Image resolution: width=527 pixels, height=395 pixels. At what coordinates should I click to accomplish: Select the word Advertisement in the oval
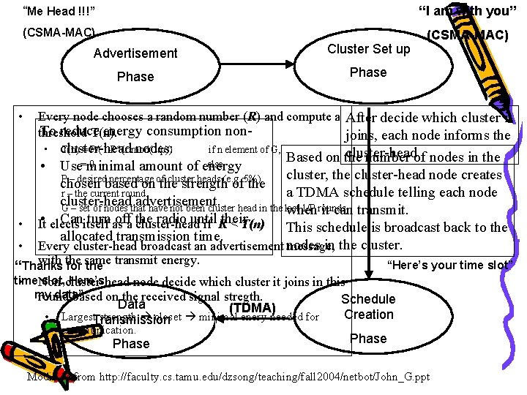tap(135, 53)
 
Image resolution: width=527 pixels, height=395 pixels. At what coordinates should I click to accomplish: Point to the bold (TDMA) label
tap(252, 308)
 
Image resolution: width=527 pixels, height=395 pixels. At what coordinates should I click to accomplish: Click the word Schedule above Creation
tap(368, 299)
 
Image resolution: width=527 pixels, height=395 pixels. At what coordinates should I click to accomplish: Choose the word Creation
tap(368, 315)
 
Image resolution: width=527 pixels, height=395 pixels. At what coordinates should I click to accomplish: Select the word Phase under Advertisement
tap(135, 76)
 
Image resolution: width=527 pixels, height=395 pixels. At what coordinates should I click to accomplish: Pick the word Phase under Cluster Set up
tap(368, 72)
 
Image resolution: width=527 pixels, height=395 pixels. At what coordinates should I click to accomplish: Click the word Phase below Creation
tap(368, 338)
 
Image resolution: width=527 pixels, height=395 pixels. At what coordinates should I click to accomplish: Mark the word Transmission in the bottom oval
tap(132, 320)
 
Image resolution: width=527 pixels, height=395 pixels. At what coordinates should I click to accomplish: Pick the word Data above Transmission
tap(132, 304)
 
